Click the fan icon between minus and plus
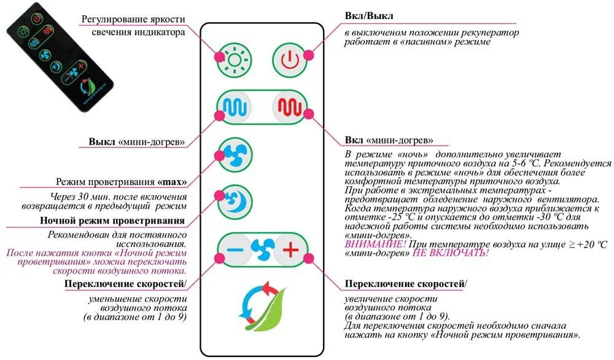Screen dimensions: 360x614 [262, 249]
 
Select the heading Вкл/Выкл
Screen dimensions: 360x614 [369, 15]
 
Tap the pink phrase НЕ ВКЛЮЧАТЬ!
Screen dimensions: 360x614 [453, 252]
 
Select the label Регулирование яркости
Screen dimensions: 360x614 [133, 19]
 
